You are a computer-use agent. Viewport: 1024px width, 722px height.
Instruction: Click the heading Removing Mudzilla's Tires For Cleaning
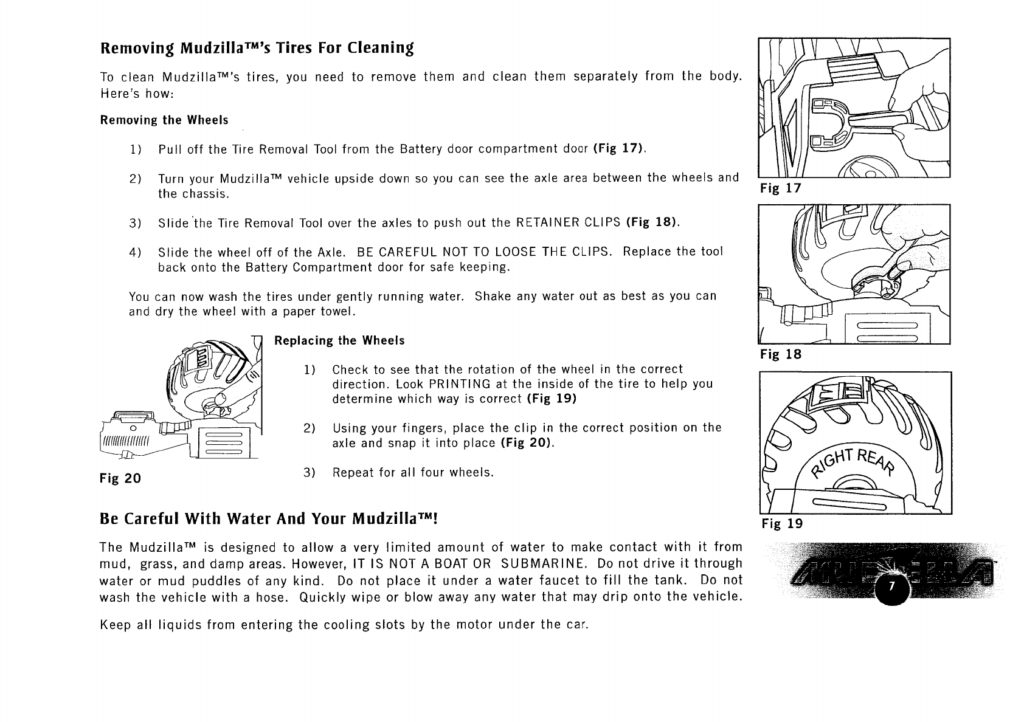[x=257, y=48]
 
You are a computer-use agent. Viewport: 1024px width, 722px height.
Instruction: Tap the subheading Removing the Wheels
[x=164, y=120]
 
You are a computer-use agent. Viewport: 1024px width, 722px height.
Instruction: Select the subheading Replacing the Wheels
[x=339, y=341]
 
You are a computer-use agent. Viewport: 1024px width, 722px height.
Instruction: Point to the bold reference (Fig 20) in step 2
[x=527, y=443]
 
